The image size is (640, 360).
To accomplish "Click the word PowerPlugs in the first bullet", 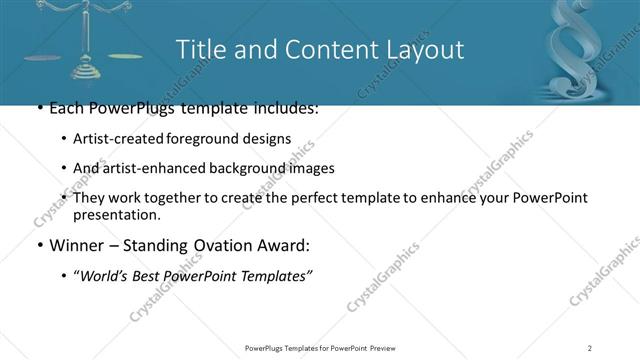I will pos(127,108).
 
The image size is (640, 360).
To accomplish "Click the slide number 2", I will pos(589,348).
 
